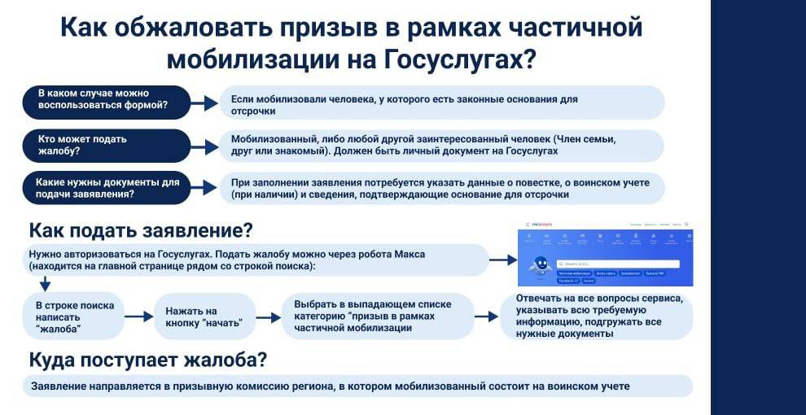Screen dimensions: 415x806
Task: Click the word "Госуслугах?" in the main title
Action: pyautogui.click(x=458, y=59)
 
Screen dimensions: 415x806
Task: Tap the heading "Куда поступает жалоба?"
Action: pyautogui.click(x=147, y=360)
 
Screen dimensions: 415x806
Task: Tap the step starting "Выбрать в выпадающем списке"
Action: pyautogui.click(x=377, y=316)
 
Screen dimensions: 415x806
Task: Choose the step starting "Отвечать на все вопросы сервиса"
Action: pyautogui.click(x=597, y=316)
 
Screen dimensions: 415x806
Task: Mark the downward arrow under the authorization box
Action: pyautogui.click(x=45, y=283)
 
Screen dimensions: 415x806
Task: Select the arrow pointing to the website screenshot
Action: pyautogui.click(x=502, y=260)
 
